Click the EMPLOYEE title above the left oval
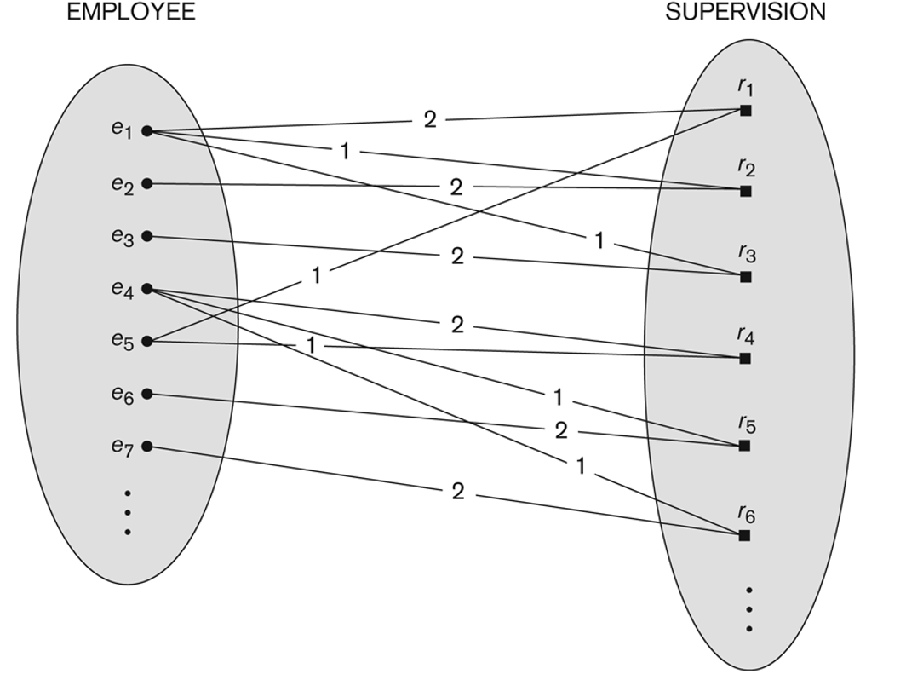click(x=131, y=12)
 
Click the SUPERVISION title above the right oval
click(x=745, y=12)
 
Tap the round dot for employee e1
click(x=146, y=131)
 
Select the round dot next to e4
click(x=146, y=289)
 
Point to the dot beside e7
click(x=146, y=447)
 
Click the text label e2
click(x=122, y=184)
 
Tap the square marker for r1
click(x=745, y=110)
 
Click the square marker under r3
click(x=745, y=277)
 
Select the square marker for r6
click(x=745, y=535)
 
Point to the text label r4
click(x=746, y=336)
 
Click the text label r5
click(x=746, y=424)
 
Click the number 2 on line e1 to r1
click(x=430, y=120)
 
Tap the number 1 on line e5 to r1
click(x=316, y=276)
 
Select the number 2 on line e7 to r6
click(x=457, y=491)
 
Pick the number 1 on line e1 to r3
click(x=599, y=241)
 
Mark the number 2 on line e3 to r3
click(x=457, y=256)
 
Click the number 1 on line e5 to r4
click(x=312, y=345)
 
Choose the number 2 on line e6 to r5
click(x=560, y=430)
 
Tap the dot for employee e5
click(x=146, y=341)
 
